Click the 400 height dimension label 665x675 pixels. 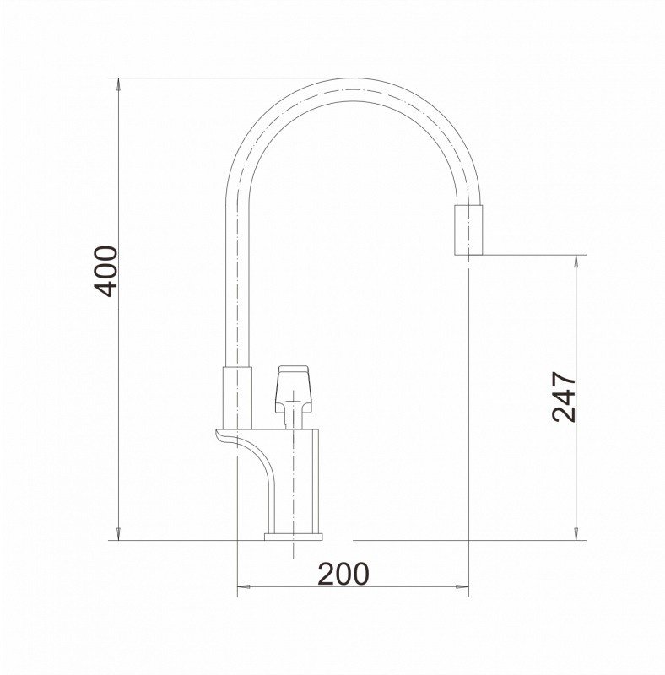coord(106,271)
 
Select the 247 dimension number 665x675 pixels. coord(564,397)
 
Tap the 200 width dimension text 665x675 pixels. coord(343,574)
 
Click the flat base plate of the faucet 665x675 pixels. coord(294,537)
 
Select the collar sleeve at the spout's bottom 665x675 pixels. coord(237,397)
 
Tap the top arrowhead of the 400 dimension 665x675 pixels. coord(119,85)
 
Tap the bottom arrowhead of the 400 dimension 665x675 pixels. coord(119,534)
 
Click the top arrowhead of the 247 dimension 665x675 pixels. coord(576,262)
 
